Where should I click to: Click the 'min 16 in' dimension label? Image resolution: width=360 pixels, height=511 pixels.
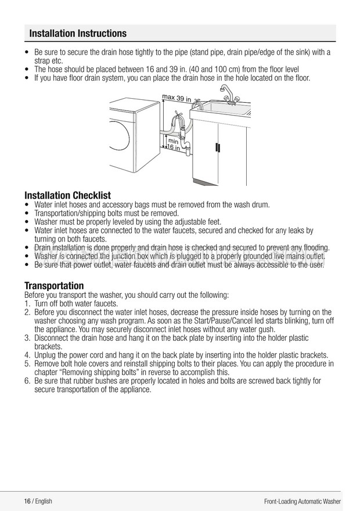[x=174, y=144]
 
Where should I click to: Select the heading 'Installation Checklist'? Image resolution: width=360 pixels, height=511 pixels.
[x=67, y=195]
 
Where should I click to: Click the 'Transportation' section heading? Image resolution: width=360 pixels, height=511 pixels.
[x=54, y=286]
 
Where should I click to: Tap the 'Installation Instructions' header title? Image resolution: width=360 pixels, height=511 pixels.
[x=78, y=33]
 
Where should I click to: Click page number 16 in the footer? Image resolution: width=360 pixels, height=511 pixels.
[x=27, y=501]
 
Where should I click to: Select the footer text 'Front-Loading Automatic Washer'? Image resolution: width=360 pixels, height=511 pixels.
[x=302, y=501]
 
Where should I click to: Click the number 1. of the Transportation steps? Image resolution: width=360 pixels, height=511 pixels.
[x=28, y=304]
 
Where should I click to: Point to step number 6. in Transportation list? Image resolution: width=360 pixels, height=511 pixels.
[x=28, y=381]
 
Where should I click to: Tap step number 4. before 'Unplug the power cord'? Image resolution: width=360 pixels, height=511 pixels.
[x=28, y=355]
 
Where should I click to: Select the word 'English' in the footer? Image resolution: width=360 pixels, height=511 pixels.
[x=44, y=501]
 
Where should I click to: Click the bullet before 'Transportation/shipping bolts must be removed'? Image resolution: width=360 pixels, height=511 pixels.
[x=28, y=213]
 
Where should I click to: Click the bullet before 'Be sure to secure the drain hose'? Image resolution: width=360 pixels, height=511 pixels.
[x=28, y=52]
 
